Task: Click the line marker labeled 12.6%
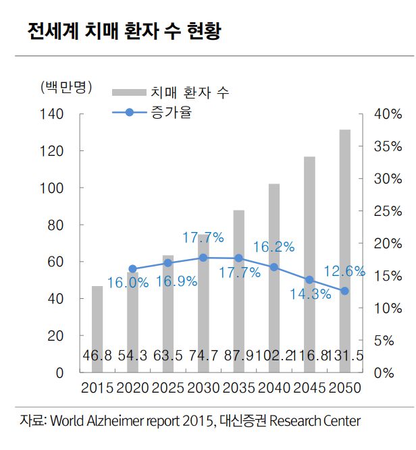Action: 344,291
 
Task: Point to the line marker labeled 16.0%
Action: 132,269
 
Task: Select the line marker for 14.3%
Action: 309,280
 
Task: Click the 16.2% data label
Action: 274,247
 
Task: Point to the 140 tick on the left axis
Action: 54,115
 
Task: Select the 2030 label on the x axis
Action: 203,389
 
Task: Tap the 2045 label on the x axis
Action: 309,389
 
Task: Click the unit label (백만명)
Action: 65,88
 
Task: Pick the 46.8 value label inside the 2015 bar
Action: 98,356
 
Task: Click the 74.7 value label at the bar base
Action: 203,356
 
